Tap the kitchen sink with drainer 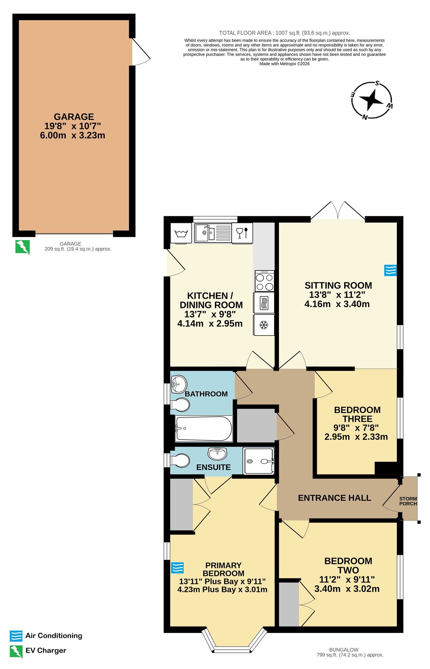[x=213, y=232]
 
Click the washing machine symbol [x=181, y=233]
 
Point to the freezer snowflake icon [x=264, y=325]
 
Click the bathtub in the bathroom [x=204, y=428]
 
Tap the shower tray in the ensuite [x=258, y=461]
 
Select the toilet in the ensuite [x=180, y=461]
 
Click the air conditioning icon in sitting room [x=390, y=270]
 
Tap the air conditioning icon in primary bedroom [x=177, y=568]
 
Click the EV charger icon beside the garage [x=23, y=247]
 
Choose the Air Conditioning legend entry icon [x=16, y=636]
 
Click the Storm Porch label [x=408, y=501]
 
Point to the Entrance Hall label [x=334, y=498]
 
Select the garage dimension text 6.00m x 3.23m [x=72, y=135]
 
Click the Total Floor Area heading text [x=284, y=33]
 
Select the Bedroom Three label [x=357, y=414]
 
